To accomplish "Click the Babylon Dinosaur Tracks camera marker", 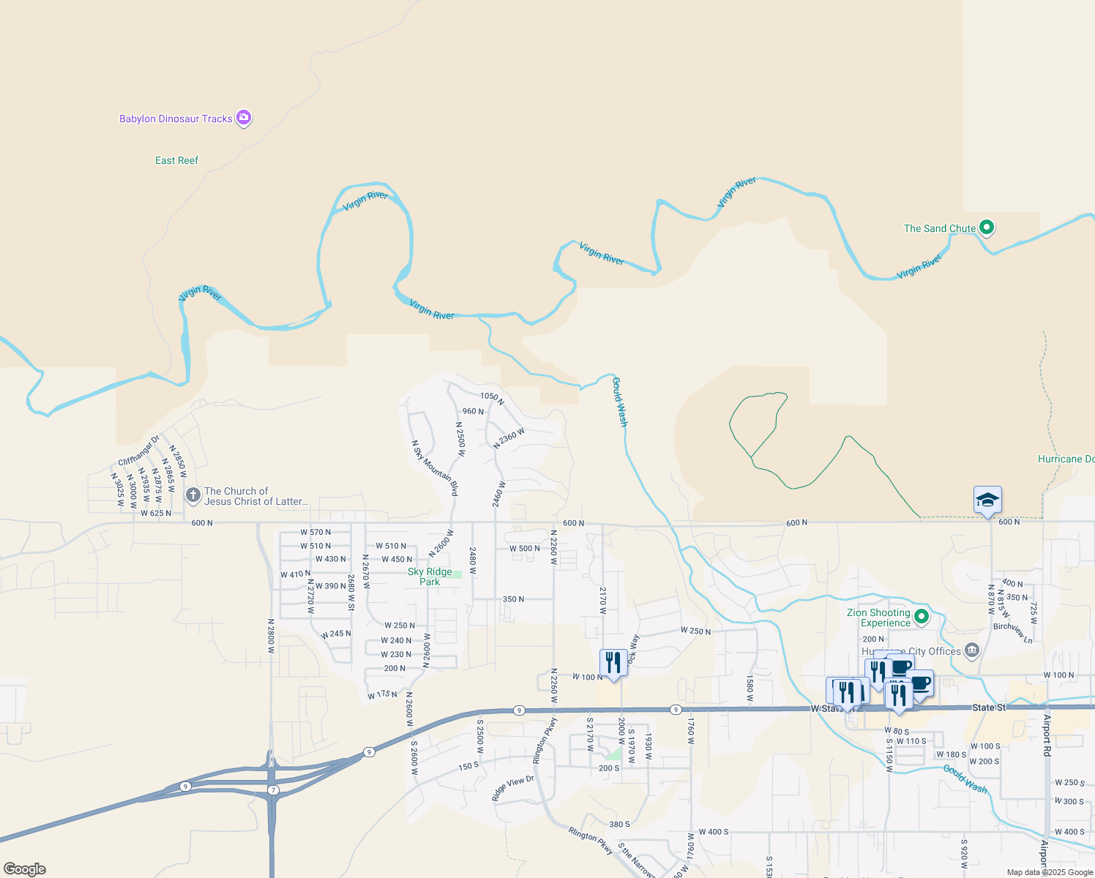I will pyautogui.click(x=244, y=117).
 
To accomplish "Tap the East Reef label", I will pyautogui.click(x=176, y=160).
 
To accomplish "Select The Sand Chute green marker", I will pyautogui.click(x=987, y=228).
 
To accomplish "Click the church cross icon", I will pyautogui.click(x=193, y=496).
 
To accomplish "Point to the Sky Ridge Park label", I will pyautogui.click(x=430, y=577).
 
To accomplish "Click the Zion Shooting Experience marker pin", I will pyautogui.click(x=922, y=617).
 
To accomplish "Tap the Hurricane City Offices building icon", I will pyautogui.click(x=972, y=650).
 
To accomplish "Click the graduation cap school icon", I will pyautogui.click(x=987, y=500).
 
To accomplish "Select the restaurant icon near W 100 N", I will pyautogui.click(x=613, y=662).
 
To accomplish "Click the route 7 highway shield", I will pyautogui.click(x=273, y=790).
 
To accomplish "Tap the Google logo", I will pyautogui.click(x=25, y=869).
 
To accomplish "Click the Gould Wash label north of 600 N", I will pyautogui.click(x=620, y=402).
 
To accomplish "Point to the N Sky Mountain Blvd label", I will pyautogui.click(x=435, y=468).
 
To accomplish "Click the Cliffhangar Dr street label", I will pyautogui.click(x=138, y=451).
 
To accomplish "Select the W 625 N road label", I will pyautogui.click(x=156, y=513).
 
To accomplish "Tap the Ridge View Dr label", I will pyautogui.click(x=513, y=787).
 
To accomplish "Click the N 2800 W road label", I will pyautogui.click(x=271, y=631).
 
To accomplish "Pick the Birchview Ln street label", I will pyautogui.click(x=1013, y=632).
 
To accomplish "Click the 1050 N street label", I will pyautogui.click(x=492, y=398).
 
